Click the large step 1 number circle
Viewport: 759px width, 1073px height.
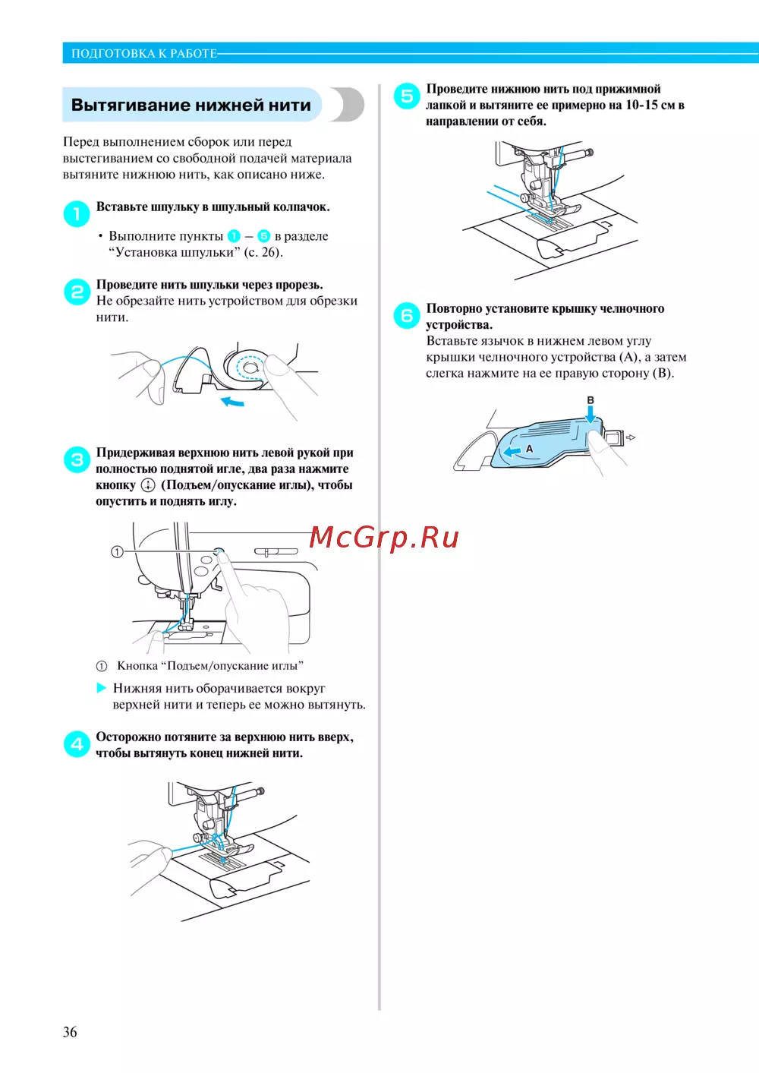point(77,213)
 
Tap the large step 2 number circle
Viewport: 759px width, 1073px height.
point(77,292)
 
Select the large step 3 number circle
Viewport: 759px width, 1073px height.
point(77,460)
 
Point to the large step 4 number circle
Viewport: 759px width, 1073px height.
point(77,744)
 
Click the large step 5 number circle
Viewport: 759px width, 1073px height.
point(407,96)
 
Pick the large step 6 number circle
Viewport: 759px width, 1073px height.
point(407,315)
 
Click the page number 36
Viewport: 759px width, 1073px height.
point(70,1032)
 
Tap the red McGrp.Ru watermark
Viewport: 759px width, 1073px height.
point(384,537)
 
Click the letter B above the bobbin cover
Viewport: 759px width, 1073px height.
point(591,400)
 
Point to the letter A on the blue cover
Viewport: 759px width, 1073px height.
point(529,449)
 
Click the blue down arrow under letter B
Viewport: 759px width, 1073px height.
point(591,415)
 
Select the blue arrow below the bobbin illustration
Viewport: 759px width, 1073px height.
point(233,401)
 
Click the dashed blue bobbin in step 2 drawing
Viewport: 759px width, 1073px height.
point(250,368)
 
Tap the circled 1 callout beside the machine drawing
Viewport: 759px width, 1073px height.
point(117,552)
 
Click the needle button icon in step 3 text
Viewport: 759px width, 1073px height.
point(148,485)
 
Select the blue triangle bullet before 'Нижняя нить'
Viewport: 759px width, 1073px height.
point(101,688)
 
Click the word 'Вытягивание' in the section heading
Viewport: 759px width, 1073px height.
point(130,105)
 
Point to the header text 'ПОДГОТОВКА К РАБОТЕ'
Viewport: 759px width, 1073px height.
point(144,53)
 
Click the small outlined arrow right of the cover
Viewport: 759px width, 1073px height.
point(631,437)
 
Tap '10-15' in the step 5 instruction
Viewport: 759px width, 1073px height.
point(641,105)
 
